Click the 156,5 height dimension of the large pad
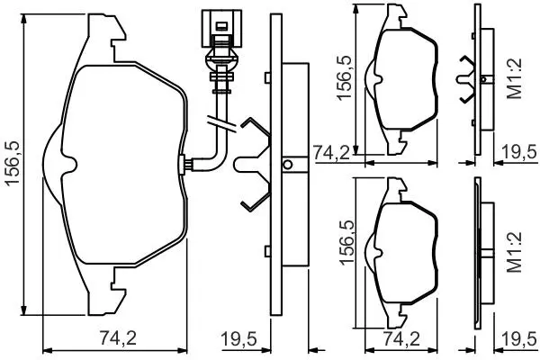click(x=13, y=164)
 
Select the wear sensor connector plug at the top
click(x=222, y=29)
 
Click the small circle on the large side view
click(x=288, y=165)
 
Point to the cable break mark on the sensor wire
click(x=221, y=124)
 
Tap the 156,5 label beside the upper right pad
click(x=345, y=78)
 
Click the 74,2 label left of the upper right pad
click(x=331, y=153)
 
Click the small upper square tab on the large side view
click(x=267, y=77)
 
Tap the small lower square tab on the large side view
click(x=267, y=251)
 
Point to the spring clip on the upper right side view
click(x=465, y=79)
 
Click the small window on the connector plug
click(x=221, y=25)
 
